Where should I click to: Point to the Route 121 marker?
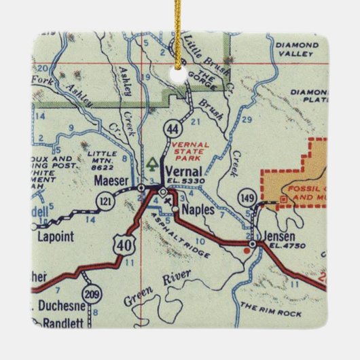(x=104, y=201)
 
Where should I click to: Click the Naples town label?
(x=199, y=211)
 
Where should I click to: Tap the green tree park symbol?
(x=153, y=164)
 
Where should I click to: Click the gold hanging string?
(x=181, y=27)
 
